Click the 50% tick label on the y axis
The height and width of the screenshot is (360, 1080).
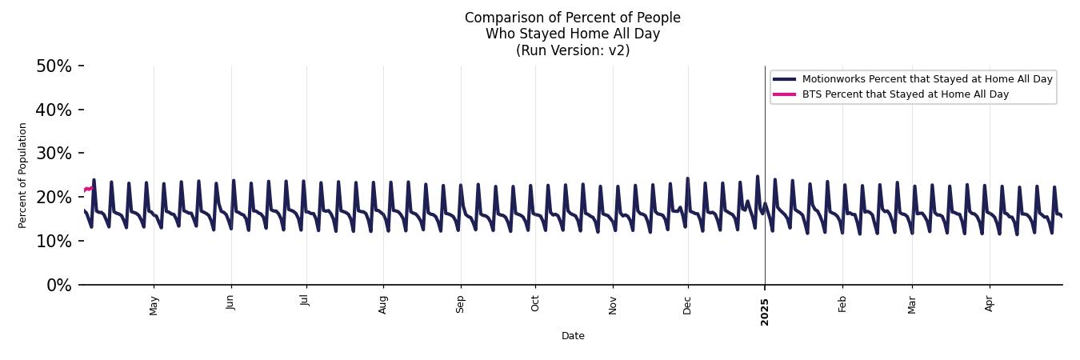[x=54, y=66]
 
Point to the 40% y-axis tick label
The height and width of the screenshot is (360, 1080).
[x=54, y=110]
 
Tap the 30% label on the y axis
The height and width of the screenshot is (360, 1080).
[x=54, y=154]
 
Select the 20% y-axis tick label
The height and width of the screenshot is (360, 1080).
[x=54, y=198]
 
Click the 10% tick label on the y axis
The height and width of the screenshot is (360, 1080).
[x=54, y=242]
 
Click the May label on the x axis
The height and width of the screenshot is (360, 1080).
[x=154, y=305]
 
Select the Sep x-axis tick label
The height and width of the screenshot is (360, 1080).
[x=460, y=304]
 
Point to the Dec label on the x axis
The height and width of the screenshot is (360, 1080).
[x=687, y=304]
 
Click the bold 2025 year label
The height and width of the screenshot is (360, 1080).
[x=765, y=311]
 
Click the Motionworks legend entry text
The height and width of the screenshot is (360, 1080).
[x=927, y=79]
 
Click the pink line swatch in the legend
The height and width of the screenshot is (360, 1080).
[x=785, y=94]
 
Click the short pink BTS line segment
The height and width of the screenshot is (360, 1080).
[x=88, y=189]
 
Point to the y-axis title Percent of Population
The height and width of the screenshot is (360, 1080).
[x=23, y=175]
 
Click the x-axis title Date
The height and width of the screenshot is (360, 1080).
[x=573, y=337]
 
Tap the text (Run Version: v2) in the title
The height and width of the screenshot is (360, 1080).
[x=573, y=50]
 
